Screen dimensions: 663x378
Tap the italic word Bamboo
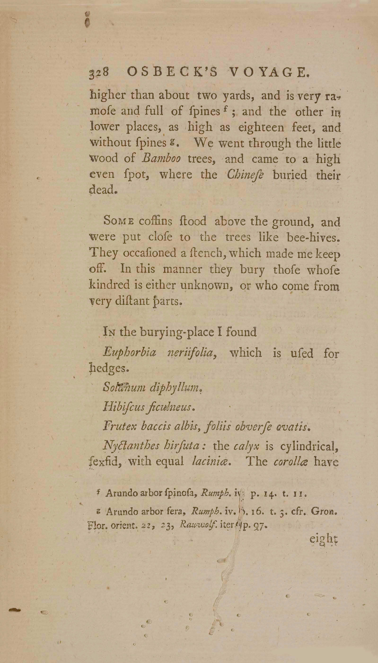point(161,159)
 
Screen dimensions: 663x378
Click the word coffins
point(155,221)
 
